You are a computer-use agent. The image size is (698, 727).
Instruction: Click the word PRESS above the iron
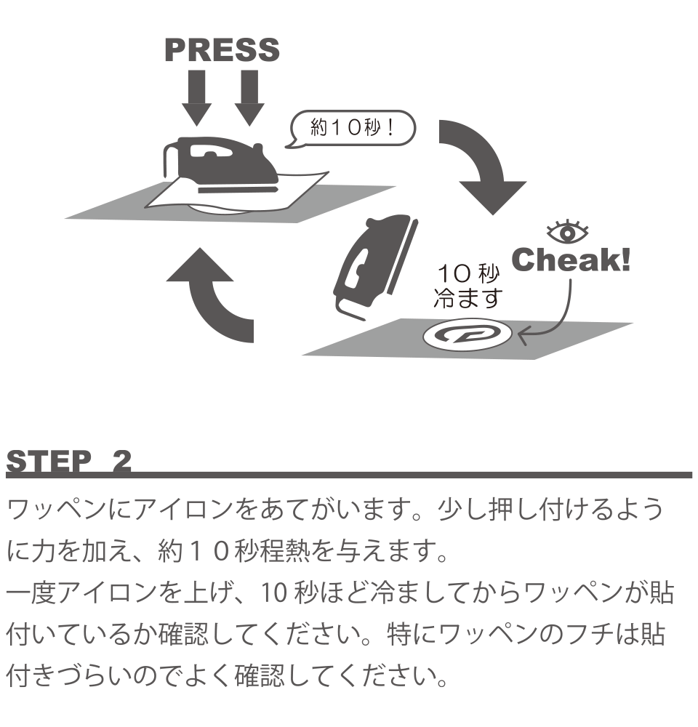[x=222, y=50]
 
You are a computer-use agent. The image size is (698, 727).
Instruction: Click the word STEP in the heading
[x=50, y=462]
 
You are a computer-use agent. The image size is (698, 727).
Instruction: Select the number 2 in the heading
[x=121, y=462]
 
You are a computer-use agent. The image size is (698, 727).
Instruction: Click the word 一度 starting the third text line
[x=28, y=594]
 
